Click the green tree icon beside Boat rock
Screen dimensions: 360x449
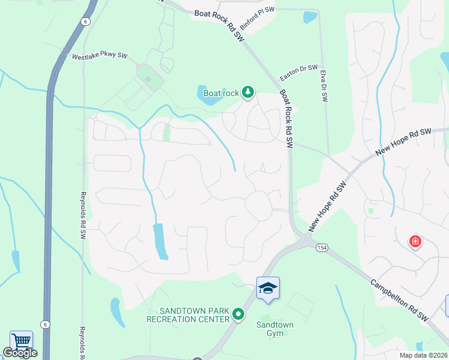click(247, 92)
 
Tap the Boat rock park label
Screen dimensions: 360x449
click(221, 93)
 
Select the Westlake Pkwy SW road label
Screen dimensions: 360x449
click(100, 56)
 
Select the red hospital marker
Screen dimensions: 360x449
click(415, 242)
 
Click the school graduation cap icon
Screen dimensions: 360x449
click(268, 288)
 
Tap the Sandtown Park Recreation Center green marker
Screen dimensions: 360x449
click(238, 314)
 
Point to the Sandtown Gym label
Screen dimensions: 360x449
click(275, 329)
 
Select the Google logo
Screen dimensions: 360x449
click(20, 353)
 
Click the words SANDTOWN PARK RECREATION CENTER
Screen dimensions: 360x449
click(188, 314)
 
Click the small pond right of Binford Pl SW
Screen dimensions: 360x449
click(310, 17)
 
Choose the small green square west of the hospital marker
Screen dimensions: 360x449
click(371, 211)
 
